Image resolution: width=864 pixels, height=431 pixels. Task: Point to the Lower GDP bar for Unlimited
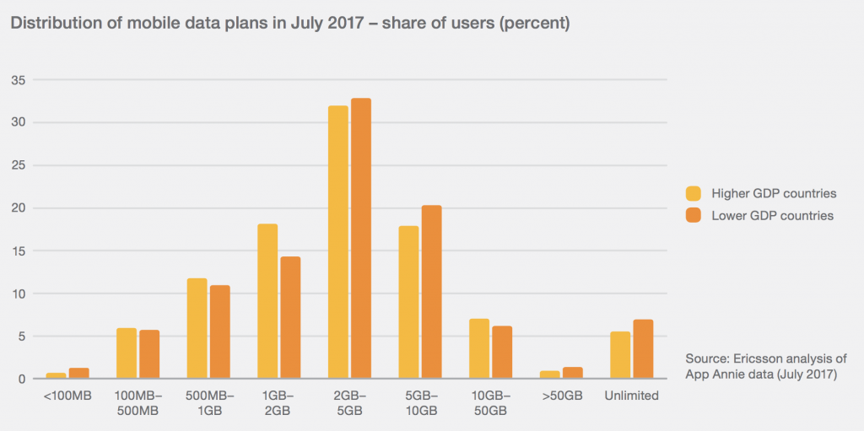pos(643,349)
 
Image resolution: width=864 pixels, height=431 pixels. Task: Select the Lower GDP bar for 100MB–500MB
pos(149,354)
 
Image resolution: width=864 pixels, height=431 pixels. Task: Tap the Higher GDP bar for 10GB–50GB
pos(479,348)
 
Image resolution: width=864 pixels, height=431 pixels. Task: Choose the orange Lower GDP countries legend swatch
pos(694,216)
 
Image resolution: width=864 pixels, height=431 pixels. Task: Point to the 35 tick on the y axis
pos(18,80)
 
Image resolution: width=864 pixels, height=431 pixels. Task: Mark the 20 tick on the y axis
pos(18,208)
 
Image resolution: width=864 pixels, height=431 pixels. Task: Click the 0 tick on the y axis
pos(21,379)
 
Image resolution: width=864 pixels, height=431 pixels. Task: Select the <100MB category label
pos(67,396)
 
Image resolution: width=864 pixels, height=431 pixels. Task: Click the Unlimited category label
pos(631,396)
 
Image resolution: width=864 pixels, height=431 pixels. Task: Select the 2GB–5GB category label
pos(349,402)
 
